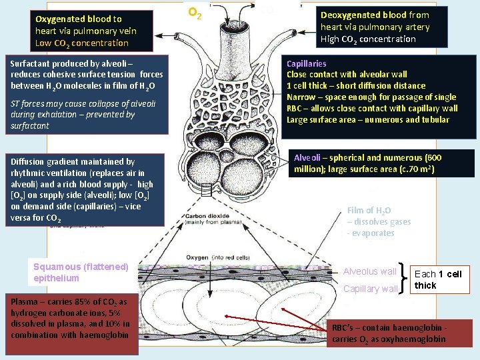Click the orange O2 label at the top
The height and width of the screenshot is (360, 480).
(195, 12)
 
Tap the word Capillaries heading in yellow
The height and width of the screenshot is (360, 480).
(307, 63)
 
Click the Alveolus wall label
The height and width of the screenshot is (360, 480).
(369, 271)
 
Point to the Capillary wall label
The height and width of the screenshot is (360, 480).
(370, 289)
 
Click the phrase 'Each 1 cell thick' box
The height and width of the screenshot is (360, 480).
(437, 279)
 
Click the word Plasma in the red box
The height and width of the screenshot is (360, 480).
(24, 301)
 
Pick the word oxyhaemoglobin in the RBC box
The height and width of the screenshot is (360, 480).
(416, 339)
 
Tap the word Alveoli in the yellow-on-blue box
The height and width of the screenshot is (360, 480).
(307, 158)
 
